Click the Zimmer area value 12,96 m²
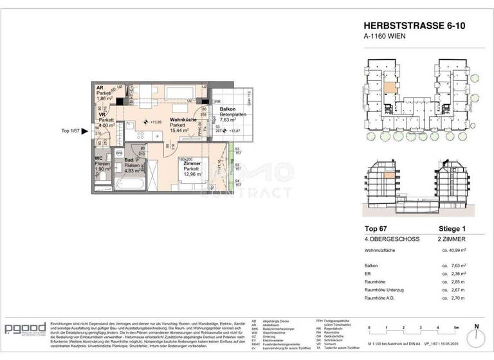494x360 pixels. click(x=192, y=174)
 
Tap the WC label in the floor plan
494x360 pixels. click(x=98, y=158)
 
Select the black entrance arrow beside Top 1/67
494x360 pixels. click(x=86, y=130)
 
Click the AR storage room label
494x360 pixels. click(x=100, y=88)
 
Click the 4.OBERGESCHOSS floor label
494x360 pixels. click(x=391, y=240)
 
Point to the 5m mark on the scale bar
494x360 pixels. click(x=455, y=328)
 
